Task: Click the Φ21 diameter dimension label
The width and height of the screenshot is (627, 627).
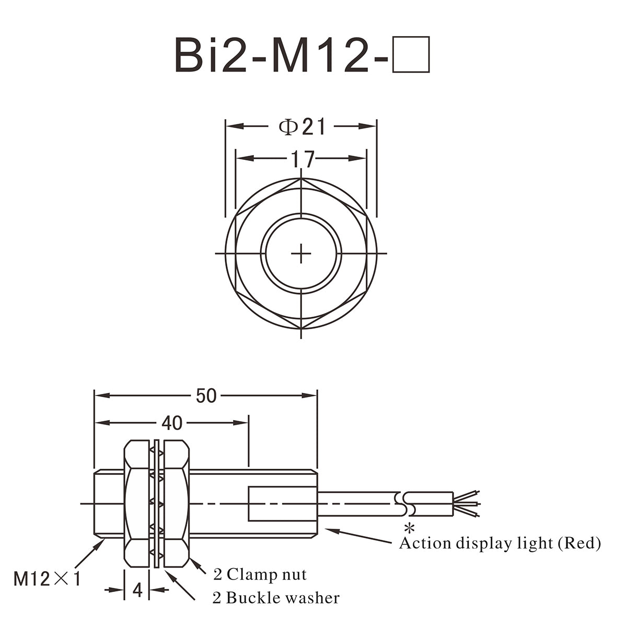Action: click(x=301, y=126)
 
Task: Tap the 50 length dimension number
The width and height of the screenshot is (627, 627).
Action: click(x=206, y=396)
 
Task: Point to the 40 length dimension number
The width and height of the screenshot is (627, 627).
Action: click(x=172, y=423)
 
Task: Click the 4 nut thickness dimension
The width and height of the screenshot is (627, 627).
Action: click(x=137, y=590)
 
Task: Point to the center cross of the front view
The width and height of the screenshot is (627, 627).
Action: click(x=301, y=253)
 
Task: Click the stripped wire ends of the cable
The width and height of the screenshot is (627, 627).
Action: click(x=466, y=504)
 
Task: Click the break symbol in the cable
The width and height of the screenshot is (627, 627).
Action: click(x=404, y=504)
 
